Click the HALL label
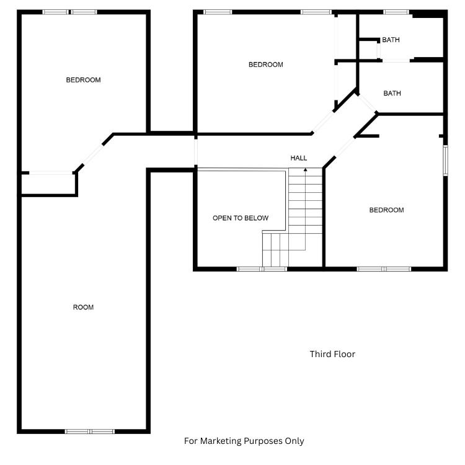click(x=298, y=158)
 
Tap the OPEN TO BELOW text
click(x=241, y=218)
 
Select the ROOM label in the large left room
click(x=83, y=308)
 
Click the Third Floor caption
click(x=332, y=354)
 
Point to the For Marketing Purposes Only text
click(x=244, y=441)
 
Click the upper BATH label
click(x=391, y=40)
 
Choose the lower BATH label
click(x=392, y=94)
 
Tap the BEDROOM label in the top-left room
click(x=83, y=80)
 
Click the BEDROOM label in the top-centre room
click(x=266, y=64)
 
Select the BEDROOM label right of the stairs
click(x=386, y=210)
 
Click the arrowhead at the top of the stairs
click(x=306, y=170)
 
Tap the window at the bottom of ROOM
click(x=90, y=432)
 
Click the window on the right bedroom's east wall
click(x=445, y=160)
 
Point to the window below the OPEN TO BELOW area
click(x=262, y=269)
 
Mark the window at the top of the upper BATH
click(x=396, y=12)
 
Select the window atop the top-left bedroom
click(x=69, y=12)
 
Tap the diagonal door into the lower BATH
click(x=367, y=103)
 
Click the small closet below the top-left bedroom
click(x=48, y=184)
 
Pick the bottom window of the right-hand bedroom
click(x=384, y=269)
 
